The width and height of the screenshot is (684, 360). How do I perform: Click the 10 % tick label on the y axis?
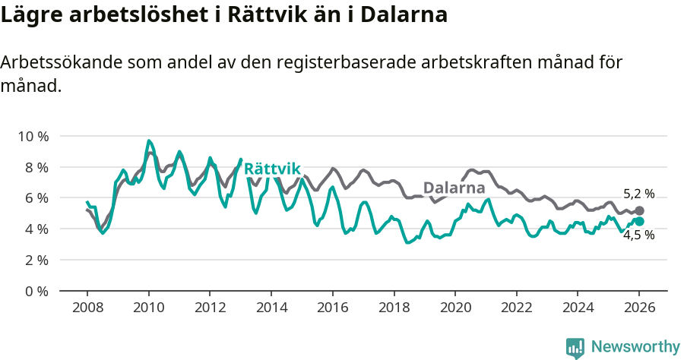click(32, 136)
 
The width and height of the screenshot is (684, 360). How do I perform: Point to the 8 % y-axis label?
click(35, 167)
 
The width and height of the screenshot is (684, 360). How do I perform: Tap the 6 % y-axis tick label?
click(35, 197)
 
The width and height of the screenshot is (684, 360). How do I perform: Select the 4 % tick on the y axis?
click(35, 229)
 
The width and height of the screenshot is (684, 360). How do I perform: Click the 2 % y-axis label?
click(35, 260)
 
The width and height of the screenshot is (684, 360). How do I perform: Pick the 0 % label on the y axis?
click(35, 291)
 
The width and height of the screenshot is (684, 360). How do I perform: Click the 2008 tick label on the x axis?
click(87, 308)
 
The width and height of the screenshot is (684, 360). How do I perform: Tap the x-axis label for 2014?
click(271, 308)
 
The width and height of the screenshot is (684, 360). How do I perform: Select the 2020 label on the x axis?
click(455, 308)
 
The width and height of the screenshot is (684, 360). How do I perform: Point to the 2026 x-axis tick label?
click(639, 308)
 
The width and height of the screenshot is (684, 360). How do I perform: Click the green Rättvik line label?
click(273, 169)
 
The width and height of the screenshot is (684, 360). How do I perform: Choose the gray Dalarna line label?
click(454, 188)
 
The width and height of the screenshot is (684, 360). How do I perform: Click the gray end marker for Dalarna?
click(639, 210)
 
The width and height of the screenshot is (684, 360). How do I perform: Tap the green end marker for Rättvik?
click(639, 221)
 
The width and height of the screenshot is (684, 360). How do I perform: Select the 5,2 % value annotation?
click(638, 194)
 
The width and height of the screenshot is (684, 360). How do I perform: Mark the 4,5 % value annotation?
click(638, 235)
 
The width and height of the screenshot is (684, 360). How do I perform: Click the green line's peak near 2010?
click(149, 141)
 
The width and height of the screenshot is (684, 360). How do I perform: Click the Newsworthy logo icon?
click(575, 348)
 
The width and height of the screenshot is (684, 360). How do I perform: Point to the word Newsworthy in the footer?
click(635, 347)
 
